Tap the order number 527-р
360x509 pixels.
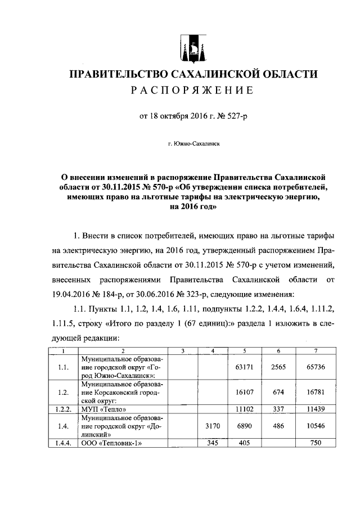229,117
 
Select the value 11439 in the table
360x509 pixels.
315,409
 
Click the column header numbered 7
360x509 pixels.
315,352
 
